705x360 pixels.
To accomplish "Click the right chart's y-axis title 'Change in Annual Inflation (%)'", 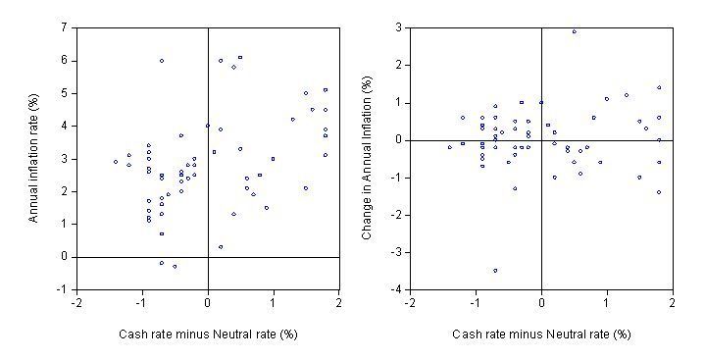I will coord(368,159).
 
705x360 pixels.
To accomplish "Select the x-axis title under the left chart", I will coord(208,334).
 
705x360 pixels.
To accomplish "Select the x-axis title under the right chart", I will coord(541,334).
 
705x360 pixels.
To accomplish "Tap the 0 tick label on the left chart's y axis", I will coord(65,257).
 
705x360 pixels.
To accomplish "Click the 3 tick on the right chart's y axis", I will coord(398,27).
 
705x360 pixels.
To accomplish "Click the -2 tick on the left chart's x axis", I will coord(76,303).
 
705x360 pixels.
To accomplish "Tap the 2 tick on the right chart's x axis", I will coord(672,303).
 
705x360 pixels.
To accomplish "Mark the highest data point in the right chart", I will coord(574,31).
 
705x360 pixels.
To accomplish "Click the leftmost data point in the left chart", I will coord(116,162).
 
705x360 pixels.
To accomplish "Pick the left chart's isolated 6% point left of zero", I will coord(162,61).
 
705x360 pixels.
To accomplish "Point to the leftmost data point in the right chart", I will coord(449,147).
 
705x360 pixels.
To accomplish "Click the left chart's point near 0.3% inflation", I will coord(221,247).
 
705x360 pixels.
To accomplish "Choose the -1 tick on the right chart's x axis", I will coord(475,303).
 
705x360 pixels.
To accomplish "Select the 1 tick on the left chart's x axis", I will coord(274,303).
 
